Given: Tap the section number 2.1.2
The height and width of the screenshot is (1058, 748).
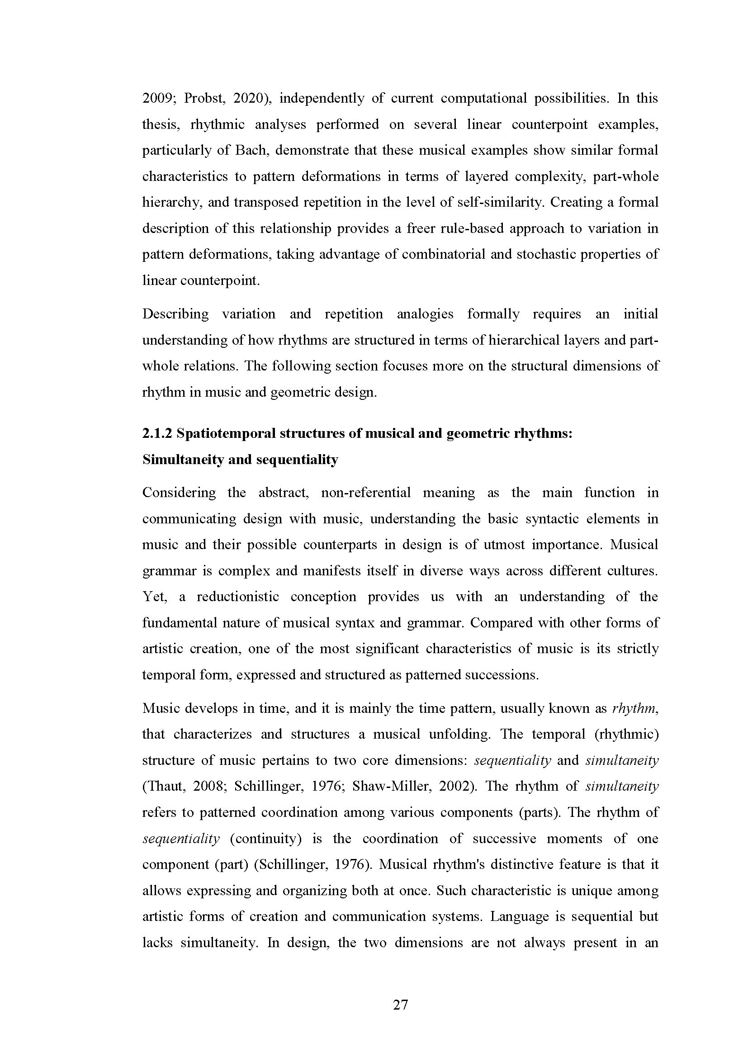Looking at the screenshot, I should (157, 434).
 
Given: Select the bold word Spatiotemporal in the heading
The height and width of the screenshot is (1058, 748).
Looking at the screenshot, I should (224, 434).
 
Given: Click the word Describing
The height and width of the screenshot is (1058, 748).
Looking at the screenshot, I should (175, 314).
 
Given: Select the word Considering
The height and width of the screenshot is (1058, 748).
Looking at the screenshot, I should (179, 493).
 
